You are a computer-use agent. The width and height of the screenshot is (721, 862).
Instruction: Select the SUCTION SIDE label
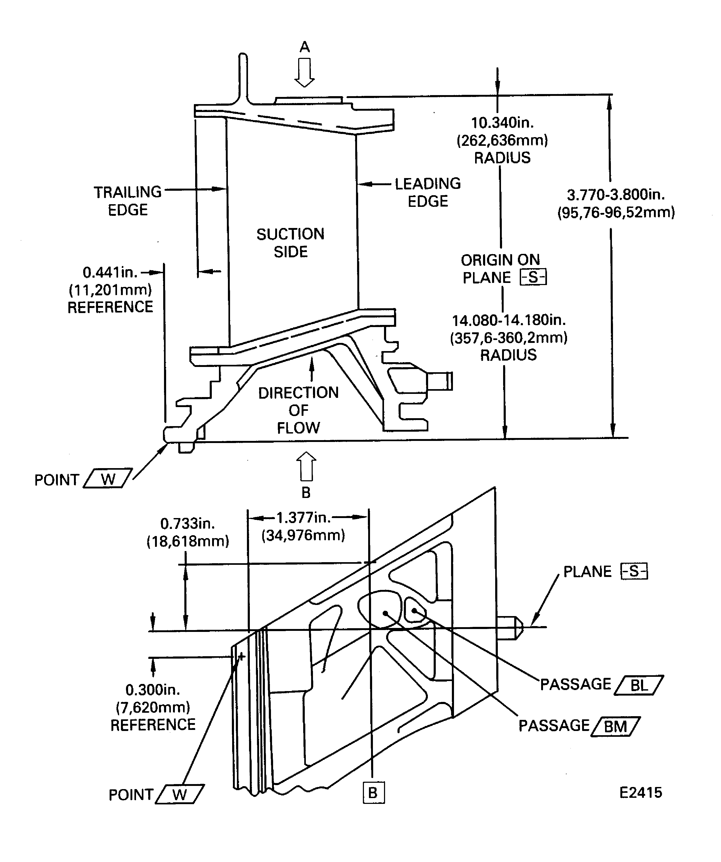[x=291, y=243]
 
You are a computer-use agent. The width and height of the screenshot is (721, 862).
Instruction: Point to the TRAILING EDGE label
[x=128, y=201]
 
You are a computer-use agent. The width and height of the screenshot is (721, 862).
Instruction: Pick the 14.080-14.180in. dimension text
[x=509, y=320]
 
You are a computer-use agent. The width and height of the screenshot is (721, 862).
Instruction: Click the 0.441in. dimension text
[x=110, y=272]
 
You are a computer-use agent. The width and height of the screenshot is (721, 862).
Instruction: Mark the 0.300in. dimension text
[x=153, y=689]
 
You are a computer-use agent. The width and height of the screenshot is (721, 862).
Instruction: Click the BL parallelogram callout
[x=639, y=685]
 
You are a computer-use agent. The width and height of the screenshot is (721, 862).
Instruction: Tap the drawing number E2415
[x=640, y=793]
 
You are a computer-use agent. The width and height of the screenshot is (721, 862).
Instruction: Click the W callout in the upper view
[x=108, y=479]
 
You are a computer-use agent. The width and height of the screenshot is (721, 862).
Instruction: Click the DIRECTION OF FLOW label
[x=298, y=410]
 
